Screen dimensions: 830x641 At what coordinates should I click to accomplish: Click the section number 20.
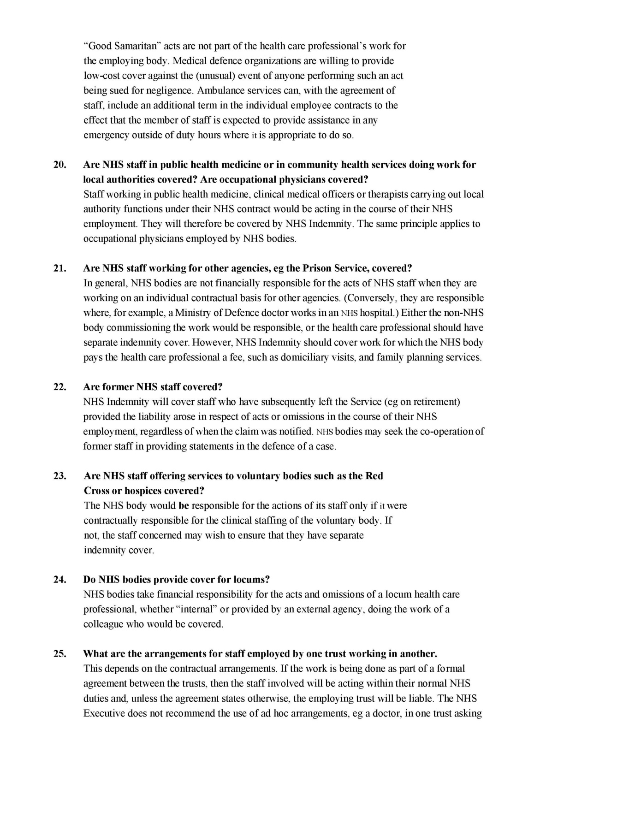tap(59, 165)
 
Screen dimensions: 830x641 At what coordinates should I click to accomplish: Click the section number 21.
tap(59, 268)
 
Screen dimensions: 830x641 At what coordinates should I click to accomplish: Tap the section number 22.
tap(59, 387)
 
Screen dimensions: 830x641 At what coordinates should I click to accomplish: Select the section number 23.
tap(59, 476)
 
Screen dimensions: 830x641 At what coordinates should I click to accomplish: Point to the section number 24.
tap(59, 580)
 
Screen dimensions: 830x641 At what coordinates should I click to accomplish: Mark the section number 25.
tap(59, 654)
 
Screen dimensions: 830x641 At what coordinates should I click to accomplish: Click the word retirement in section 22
tap(435, 402)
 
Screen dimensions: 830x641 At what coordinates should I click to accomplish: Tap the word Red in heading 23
tap(374, 476)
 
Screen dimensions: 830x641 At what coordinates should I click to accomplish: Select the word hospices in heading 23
tap(143, 491)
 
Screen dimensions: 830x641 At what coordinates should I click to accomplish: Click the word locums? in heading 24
tap(249, 580)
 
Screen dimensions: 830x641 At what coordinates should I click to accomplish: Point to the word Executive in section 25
tap(104, 714)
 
